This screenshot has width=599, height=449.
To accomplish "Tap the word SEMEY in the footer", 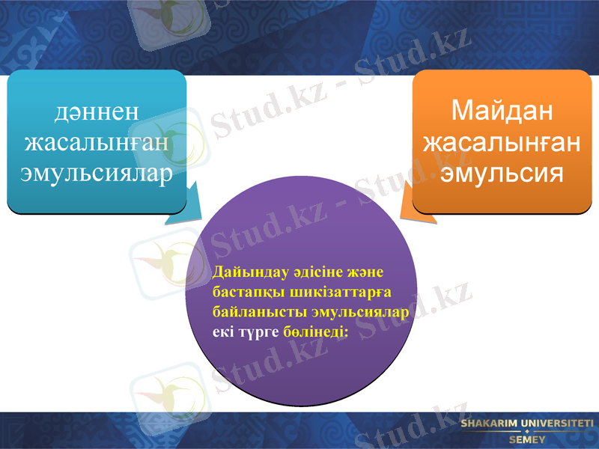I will point(527,440).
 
